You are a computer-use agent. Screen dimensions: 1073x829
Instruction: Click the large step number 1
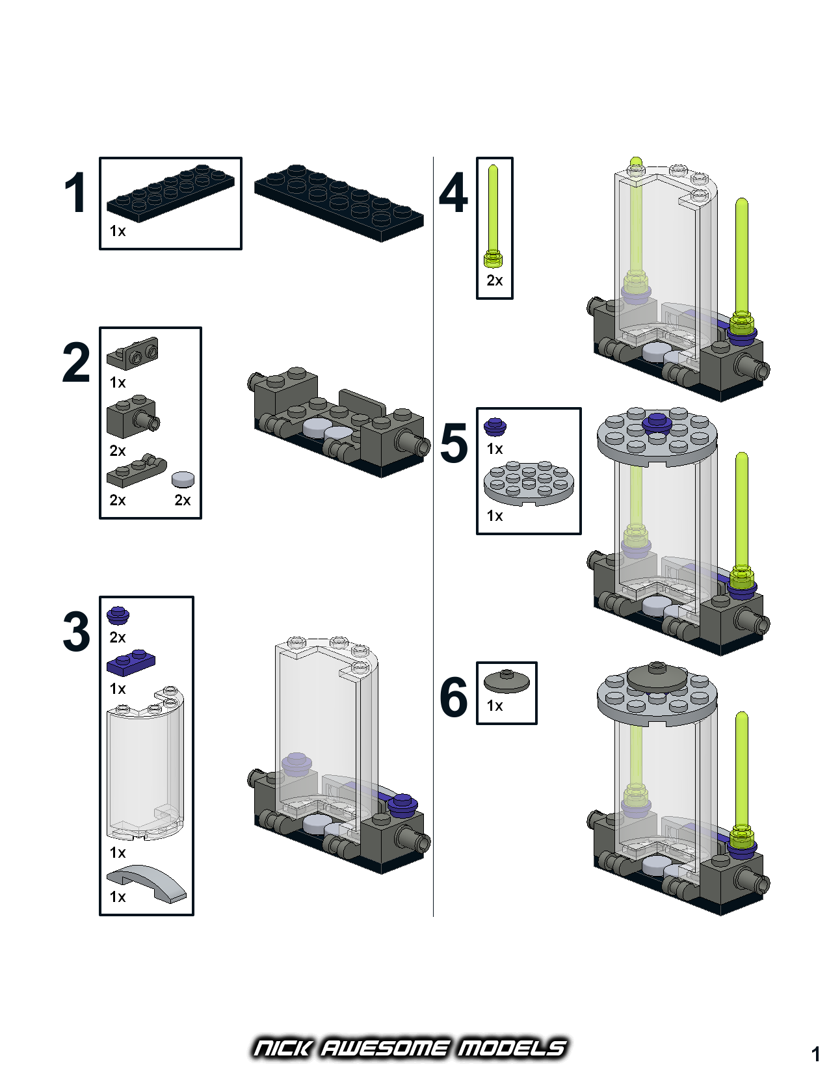pos(75,193)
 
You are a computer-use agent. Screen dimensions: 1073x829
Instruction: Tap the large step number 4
pos(453,193)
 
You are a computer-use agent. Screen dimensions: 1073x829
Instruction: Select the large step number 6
pos(453,696)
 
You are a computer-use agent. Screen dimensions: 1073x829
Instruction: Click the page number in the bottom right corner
pos(815,1053)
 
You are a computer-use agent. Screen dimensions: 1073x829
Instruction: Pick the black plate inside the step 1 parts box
pos(170,193)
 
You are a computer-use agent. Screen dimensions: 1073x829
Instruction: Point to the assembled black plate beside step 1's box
pos(339,202)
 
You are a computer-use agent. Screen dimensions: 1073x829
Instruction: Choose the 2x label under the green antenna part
pos(494,280)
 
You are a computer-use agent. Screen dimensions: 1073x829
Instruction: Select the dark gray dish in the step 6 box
pos(507,681)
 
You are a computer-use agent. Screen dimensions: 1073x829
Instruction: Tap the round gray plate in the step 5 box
pos(529,482)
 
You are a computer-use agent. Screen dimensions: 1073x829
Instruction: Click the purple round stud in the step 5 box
pos(495,427)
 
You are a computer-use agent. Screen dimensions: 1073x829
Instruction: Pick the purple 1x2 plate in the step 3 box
pos(131,662)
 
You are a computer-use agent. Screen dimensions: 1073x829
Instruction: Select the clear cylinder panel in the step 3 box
pos(145,767)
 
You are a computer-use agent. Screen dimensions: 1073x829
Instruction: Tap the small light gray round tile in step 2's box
pos(183,479)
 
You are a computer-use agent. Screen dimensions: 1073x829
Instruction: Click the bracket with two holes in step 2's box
pos(133,352)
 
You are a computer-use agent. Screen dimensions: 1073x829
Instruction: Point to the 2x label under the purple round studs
pos(118,637)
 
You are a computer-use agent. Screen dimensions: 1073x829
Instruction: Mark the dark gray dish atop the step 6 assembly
pos(657,678)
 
